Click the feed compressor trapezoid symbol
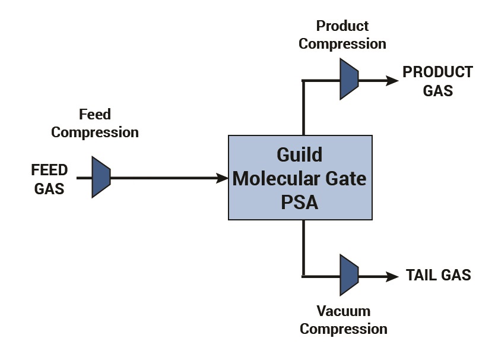(101, 177)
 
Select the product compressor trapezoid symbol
(349, 79)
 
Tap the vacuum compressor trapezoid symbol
(349, 275)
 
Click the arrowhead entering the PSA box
(222, 178)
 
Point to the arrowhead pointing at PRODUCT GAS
(392, 81)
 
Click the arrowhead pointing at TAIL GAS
(392, 277)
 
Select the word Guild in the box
(300, 154)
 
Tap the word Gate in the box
(346, 179)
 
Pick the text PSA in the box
(300, 203)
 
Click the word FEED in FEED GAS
(49, 170)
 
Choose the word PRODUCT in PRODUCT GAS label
(437, 72)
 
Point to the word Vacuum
(344, 311)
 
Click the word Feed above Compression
(95, 115)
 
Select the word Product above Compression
(342, 26)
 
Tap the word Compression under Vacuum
(344, 329)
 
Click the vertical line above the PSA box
(303, 108)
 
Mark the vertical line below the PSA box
(303, 248)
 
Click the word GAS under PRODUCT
(437, 91)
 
